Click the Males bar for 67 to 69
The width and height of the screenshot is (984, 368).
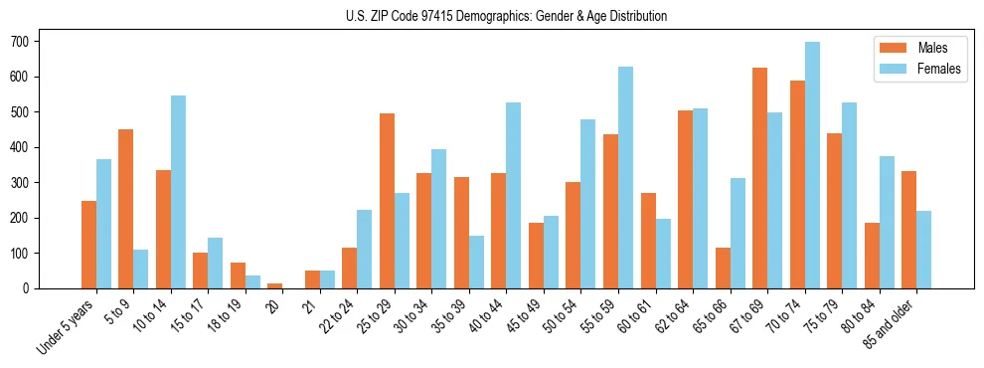coord(759,178)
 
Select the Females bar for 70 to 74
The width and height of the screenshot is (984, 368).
coord(812,165)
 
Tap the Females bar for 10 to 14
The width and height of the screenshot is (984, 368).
coord(178,192)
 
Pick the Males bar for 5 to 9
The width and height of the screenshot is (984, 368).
coord(126,209)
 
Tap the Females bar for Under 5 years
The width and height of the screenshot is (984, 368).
coord(103,224)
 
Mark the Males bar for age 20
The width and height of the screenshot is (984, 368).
coord(275,285)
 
